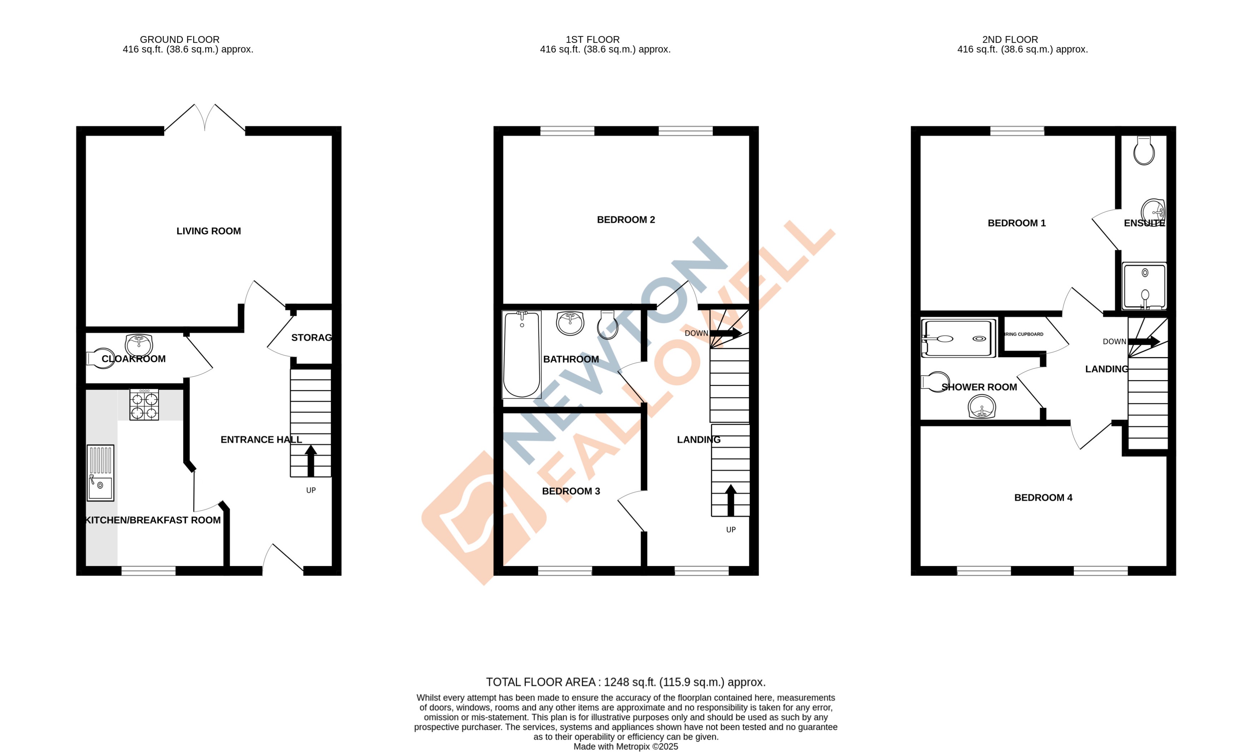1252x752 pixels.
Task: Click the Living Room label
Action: pyautogui.click(x=208, y=231)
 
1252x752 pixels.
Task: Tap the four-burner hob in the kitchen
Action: pyautogui.click(x=144, y=405)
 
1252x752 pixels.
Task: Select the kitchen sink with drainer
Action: pyautogui.click(x=100, y=473)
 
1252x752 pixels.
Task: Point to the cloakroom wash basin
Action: pyautogui.click(x=139, y=345)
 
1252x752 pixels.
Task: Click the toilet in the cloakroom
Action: pyautogui.click(x=101, y=358)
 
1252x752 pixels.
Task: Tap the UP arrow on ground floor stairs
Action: pyautogui.click(x=310, y=461)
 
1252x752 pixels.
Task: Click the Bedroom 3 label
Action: pyautogui.click(x=571, y=491)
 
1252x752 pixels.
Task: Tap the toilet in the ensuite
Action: pyautogui.click(x=1144, y=151)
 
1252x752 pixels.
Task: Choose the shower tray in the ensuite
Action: pyautogui.click(x=1144, y=286)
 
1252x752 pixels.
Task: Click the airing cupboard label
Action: pyautogui.click(x=1024, y=335)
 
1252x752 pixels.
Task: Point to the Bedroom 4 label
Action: pyautogui.click(x=1043, y=498)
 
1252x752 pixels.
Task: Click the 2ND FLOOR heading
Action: pyautogui.click(x=1010, y=39)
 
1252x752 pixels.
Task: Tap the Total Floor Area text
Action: pyautogui.click(x=625, y=682)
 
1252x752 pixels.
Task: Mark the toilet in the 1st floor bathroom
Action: pyautogui.click(x=607, y=325)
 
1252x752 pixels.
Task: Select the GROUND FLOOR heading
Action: pyautogui.click(x=179, y=39)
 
